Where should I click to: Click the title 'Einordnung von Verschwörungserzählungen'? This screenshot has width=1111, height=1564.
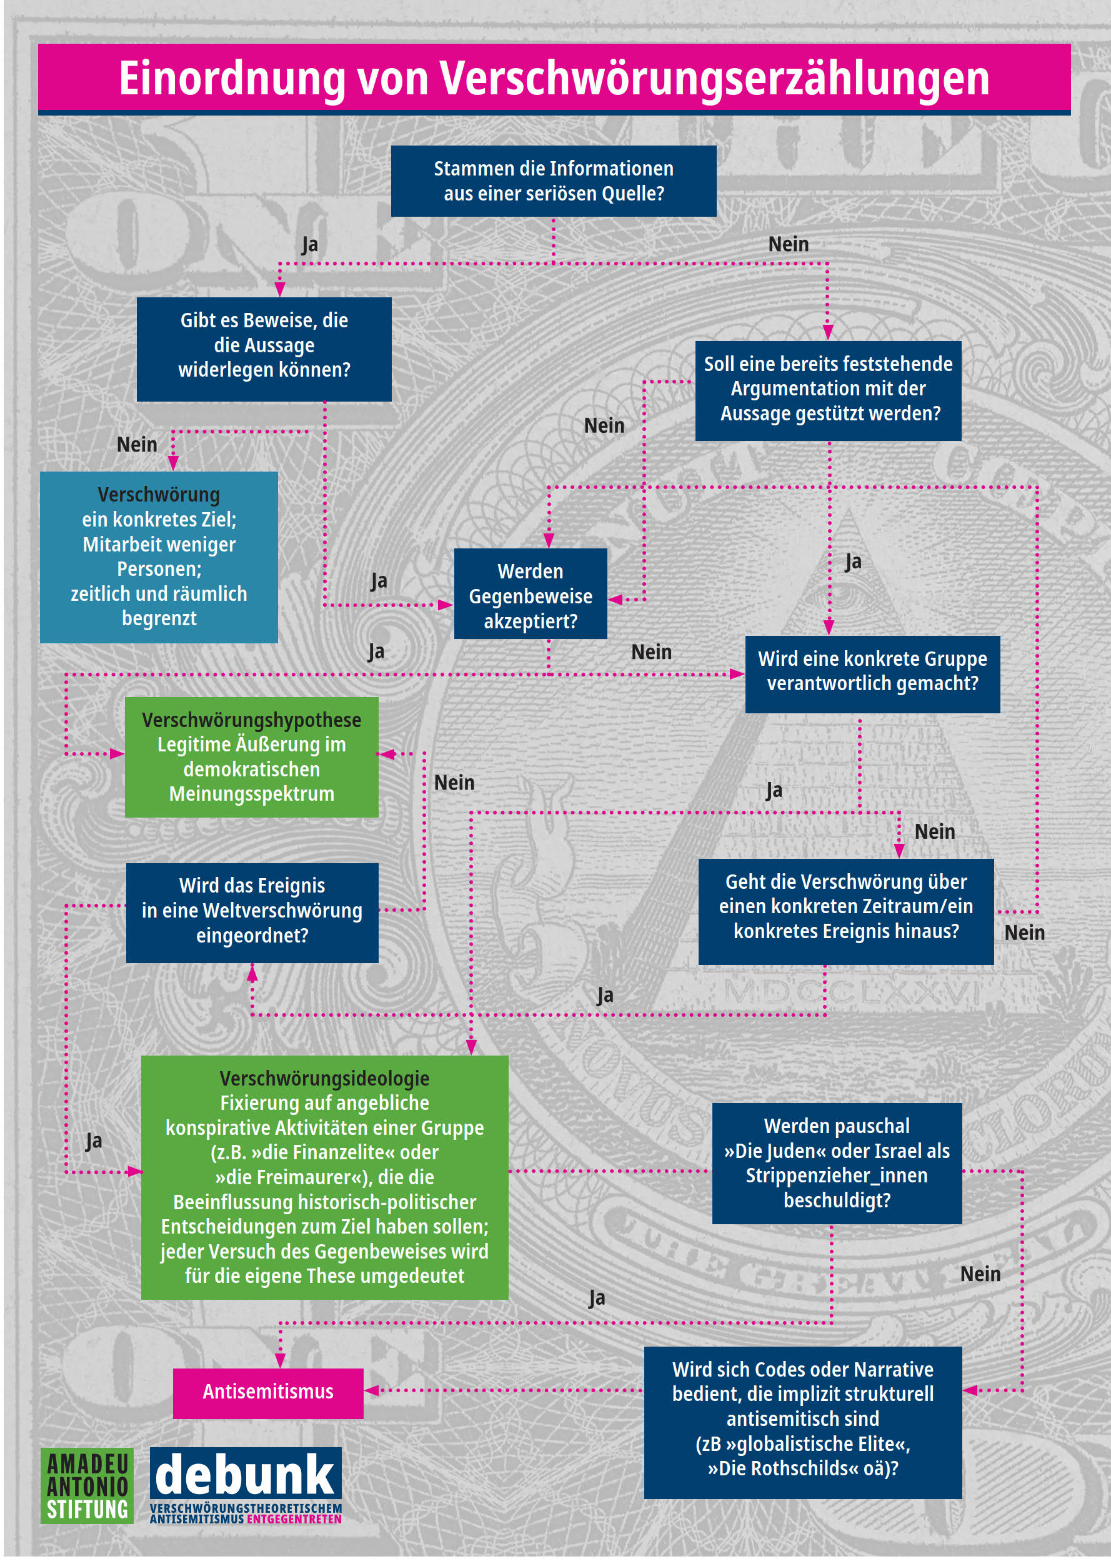click(x=554, y=78)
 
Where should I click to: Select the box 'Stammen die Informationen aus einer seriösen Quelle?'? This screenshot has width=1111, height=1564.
click(x=554, y=181)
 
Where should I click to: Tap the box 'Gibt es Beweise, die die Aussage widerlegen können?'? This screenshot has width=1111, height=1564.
click(x=264, y=349)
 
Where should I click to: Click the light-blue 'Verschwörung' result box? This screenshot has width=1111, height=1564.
click(x=159, y=557)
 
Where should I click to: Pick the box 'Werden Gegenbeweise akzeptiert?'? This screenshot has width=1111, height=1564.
click(x=530, y=593)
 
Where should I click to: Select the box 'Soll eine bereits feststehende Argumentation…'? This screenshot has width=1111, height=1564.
click(x=828, y=390)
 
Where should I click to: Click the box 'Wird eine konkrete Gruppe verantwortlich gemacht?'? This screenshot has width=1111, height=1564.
click(x=872, y=675)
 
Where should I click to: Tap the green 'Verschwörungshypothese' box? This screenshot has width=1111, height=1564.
click(x=251, y=757)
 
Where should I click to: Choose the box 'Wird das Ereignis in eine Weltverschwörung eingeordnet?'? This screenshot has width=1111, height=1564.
click(x=252, y=913)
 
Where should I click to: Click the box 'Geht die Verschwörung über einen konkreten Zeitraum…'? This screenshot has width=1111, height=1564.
click(x=845, y=911)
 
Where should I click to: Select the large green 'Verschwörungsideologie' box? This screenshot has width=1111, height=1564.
click(x=324, y=1177)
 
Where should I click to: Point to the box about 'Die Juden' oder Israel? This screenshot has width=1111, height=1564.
click(x=837, y=1163)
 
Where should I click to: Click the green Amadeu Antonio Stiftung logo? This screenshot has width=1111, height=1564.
click(x=87, y=1485)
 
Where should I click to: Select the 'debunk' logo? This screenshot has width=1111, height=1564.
click(x=246, y=1485)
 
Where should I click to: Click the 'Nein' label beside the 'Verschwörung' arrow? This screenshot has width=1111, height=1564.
click(x=137, y=445)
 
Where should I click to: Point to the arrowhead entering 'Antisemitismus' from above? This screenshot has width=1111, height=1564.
click(x=280, y=1361)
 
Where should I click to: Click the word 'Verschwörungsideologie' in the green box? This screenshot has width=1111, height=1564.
click(x=324, y=1079)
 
